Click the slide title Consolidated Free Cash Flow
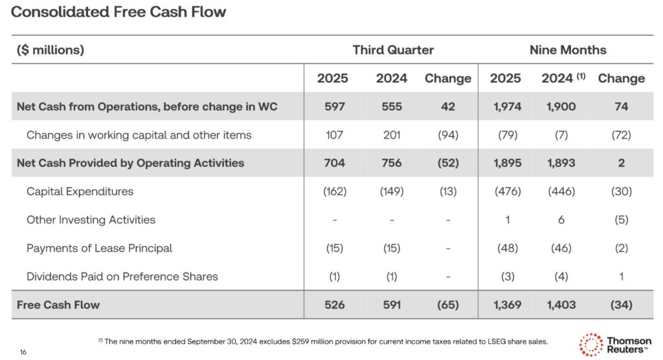pos(119,12)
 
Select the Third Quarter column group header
pos(393,50)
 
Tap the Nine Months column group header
pos(568,50)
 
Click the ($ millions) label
pos(51,50)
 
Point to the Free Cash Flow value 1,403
pos(561,304)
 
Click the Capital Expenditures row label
pos(80,192)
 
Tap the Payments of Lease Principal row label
pos(99,248)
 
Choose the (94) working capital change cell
pos(447,135)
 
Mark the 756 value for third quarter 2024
pos(391,163)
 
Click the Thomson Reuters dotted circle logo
pos(590,344)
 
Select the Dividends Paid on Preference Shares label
pos(122,276)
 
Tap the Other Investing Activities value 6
pos(561,220)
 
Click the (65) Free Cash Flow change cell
pos(447,304)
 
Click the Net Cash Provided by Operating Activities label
pos(130,163)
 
